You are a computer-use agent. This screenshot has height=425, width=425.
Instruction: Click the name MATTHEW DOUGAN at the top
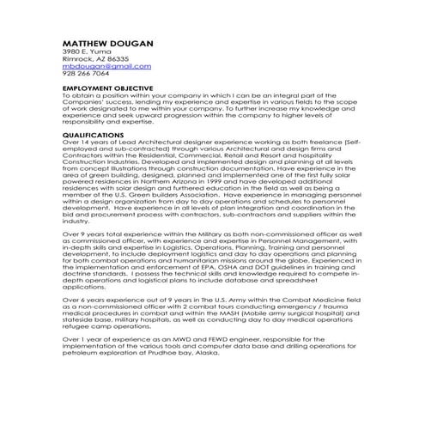(x=107, y=43)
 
